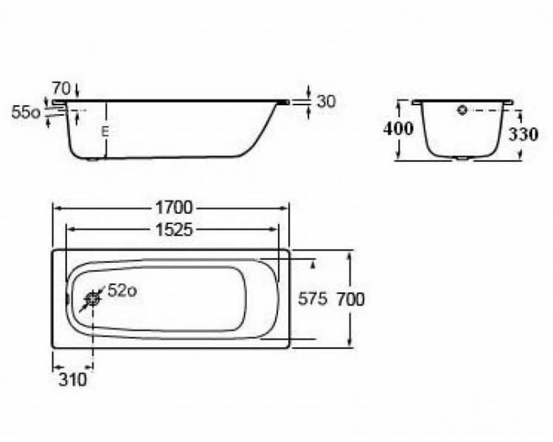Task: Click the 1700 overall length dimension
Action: (x=174, y=208)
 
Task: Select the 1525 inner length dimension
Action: (x=174, y=230)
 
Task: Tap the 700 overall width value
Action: (x=350, y=299)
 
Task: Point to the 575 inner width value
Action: (x=313, y=299)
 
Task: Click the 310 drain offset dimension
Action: (x=73, y=379)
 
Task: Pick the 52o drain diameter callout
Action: (x=122, y=291)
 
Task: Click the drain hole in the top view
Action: (x=92, y=299)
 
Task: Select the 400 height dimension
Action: (x=398, y=129)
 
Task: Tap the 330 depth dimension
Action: (x=524, y=134)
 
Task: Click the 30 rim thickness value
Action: (x=326, y=101)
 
